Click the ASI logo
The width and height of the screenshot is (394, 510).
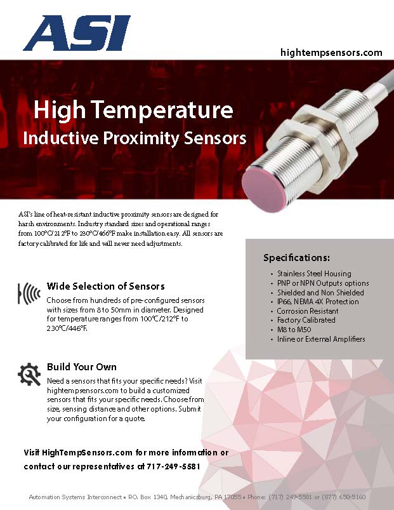[x=77, y=33]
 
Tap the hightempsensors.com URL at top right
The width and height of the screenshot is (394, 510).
[x=331, y=53]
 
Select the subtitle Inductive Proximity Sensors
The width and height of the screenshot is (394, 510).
[x=134, y=138]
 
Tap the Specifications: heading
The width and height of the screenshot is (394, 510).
[x=296, y=258]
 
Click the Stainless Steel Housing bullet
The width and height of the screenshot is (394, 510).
[x=313, y=274]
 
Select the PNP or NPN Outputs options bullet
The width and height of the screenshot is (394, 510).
[x=322, y=283]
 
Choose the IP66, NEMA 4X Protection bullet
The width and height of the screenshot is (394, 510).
[x=317, y=302]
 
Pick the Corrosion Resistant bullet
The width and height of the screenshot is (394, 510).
[x=307, y=311]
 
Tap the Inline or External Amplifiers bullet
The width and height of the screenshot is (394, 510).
[x=320, y=339]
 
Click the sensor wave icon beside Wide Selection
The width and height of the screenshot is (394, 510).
[x=30, y=292]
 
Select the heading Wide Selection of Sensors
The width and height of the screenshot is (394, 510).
[x=105, y=286]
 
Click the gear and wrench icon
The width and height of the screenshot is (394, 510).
[x=30, y=374]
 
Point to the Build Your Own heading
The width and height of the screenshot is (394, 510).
[x=81, y=367]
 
